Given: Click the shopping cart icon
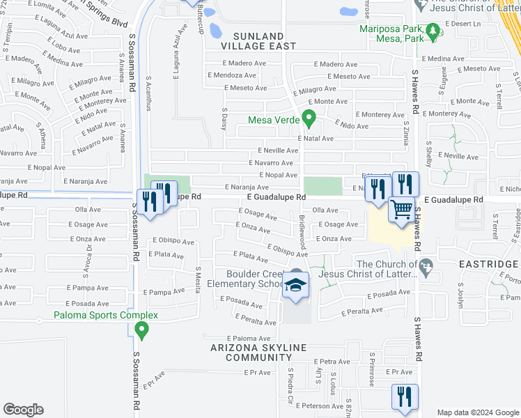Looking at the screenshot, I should (x=401, y=209).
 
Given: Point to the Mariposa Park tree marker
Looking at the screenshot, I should (x=432, y=31).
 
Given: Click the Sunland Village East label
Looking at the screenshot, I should (x=249, y=40).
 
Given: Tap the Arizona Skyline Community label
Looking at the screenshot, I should (x=258, y=353).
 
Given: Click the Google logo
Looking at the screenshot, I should (x=23, y=410).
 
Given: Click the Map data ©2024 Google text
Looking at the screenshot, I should (x=477, y=412).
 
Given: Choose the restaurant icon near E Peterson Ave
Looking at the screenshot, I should (x=405, y=396).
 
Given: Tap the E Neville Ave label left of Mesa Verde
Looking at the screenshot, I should (x=278, y=150).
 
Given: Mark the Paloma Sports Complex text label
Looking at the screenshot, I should (x=106, y=315).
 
